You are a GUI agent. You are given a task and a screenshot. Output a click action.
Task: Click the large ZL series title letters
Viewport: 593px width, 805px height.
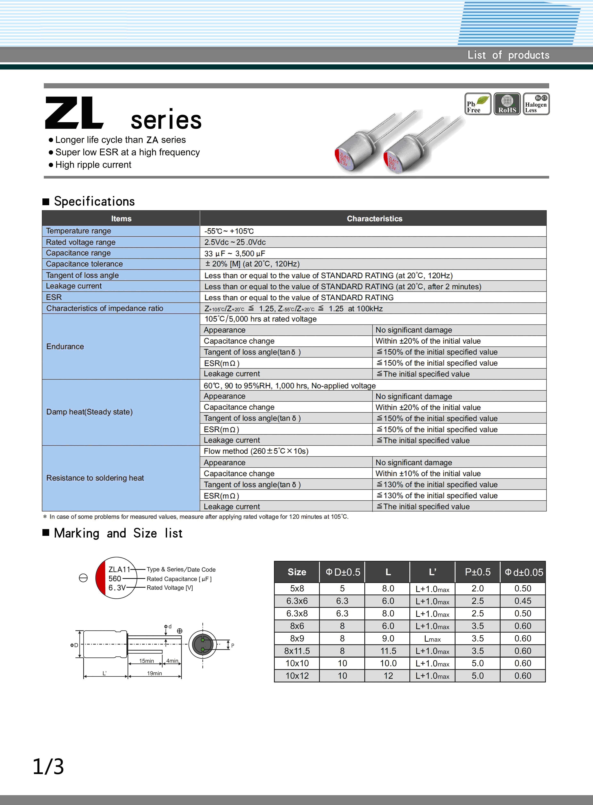pos(74,113)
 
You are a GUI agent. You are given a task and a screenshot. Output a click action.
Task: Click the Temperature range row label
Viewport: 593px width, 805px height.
pos(79,231)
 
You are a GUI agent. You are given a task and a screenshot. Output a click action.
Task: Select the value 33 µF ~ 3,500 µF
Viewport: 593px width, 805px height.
pos(235,253)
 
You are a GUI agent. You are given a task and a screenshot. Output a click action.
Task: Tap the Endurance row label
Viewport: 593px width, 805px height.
pos(65,346)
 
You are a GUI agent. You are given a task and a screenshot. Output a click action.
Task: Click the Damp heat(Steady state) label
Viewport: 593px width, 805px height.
pos(89,412)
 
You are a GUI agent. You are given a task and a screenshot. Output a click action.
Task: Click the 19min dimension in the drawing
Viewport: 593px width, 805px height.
pos(154,673)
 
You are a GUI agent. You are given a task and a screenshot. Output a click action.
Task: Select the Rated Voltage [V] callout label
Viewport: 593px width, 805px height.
pos(170,588)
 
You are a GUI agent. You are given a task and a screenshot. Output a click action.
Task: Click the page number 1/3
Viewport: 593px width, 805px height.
pos(48,767)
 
